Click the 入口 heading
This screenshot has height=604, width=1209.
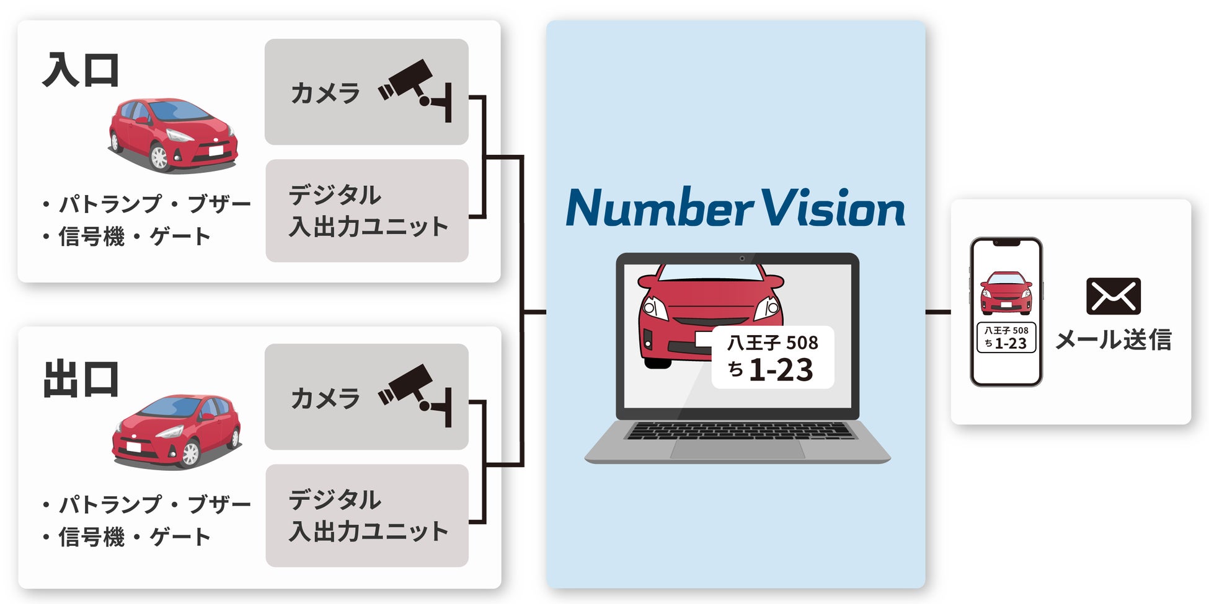point(81,71)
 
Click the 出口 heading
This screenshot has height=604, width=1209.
point(81,379)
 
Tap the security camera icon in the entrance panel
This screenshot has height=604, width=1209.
point(414,90)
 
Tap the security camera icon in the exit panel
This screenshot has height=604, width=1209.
point(414,395)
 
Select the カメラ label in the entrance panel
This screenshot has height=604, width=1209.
point(325,94)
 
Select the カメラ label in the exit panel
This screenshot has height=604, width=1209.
point(325,398)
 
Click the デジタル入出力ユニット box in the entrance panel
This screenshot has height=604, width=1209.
point(367,211)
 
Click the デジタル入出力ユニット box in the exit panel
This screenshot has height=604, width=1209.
point(367,515)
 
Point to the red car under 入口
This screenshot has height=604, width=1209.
point(173,134)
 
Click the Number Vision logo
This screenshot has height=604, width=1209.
point(735,208)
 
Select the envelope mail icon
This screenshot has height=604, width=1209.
point(1113,296)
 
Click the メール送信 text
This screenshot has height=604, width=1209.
point(1113,339)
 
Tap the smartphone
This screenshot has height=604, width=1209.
point(1006,312)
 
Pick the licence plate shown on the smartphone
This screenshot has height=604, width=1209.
point(1006,338)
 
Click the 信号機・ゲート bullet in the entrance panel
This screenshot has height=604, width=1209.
point(127,237)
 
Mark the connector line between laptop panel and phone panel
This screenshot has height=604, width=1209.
point(938,312)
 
